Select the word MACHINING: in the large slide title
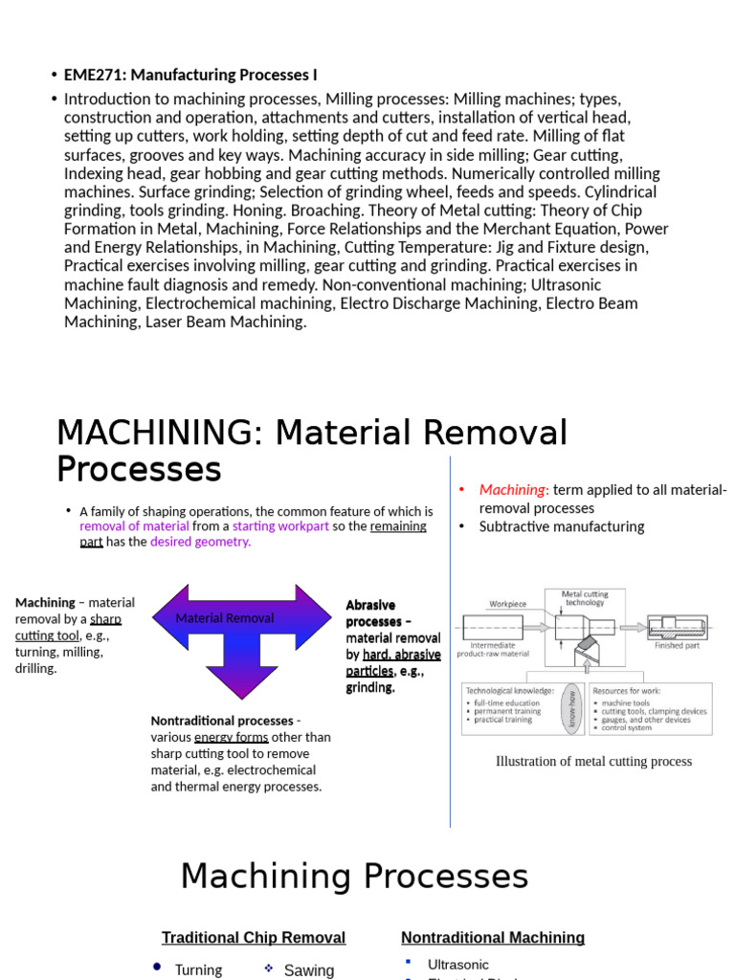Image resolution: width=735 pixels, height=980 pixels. (x=159, y=434)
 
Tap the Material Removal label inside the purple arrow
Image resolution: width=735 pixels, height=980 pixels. (x=224, y=618)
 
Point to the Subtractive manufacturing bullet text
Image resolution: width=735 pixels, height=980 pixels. (x=561, y=526)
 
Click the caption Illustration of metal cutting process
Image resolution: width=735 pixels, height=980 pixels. (x=593, y=762)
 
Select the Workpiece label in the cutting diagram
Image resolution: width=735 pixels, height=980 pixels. (x=507, y=604)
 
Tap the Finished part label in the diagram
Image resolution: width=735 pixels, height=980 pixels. (x=677, y=645)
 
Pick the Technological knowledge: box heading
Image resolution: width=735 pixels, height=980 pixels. (x=509, y=690)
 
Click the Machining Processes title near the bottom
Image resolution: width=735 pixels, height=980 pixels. (x=354, y=877)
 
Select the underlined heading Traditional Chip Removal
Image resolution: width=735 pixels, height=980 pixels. (x=254, y=938)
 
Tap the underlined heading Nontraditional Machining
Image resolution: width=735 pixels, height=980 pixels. (x=493, y=938)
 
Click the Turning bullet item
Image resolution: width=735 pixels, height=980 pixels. (x=198, y=969)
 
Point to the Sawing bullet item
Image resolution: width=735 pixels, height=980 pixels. (x=309, y=970)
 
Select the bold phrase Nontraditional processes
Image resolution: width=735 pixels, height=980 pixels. (x=222, y=721)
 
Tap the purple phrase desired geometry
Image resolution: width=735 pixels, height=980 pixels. (x=200, y=542)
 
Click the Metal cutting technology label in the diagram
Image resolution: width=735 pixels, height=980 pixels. (x=584, y=598)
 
